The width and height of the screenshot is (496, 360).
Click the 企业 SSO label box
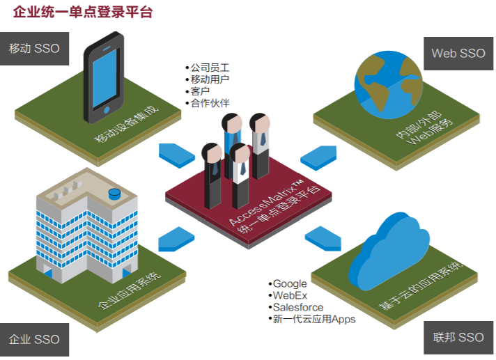(34, 339)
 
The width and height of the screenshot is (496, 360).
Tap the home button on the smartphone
(107, 109)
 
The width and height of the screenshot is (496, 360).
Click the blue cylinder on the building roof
(114, 194)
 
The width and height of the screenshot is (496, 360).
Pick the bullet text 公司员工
(210, 68)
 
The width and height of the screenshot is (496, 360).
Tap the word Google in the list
(290, 283)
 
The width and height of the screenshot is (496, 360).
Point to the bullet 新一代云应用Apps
(314, 319)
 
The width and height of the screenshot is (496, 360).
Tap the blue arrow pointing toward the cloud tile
(323, 237)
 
